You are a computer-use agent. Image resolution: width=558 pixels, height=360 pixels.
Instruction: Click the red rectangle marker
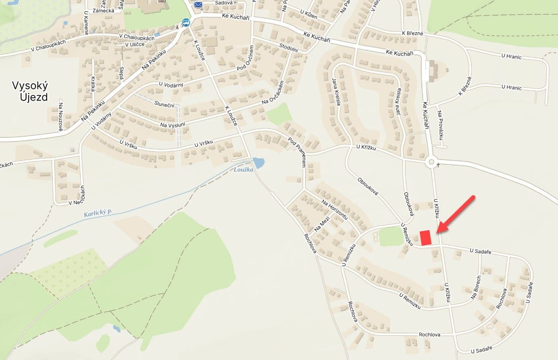426,237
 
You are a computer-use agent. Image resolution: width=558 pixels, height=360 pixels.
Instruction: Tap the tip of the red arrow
437,232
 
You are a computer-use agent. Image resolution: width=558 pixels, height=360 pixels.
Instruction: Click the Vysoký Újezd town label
30,91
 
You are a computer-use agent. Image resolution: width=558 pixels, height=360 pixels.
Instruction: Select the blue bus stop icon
186,22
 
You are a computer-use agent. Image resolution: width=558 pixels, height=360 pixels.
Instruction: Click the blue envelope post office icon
198,5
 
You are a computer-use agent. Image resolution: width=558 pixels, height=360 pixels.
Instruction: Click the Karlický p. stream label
98,212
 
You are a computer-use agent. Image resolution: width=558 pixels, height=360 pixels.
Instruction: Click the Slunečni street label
164,104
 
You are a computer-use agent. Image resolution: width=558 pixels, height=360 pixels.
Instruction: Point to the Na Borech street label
476,287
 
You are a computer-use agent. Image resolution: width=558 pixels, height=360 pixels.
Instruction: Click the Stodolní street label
289,49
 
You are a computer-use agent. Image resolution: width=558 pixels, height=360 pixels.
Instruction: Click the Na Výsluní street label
172,124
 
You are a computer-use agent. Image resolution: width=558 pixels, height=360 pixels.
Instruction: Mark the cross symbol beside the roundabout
439,164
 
